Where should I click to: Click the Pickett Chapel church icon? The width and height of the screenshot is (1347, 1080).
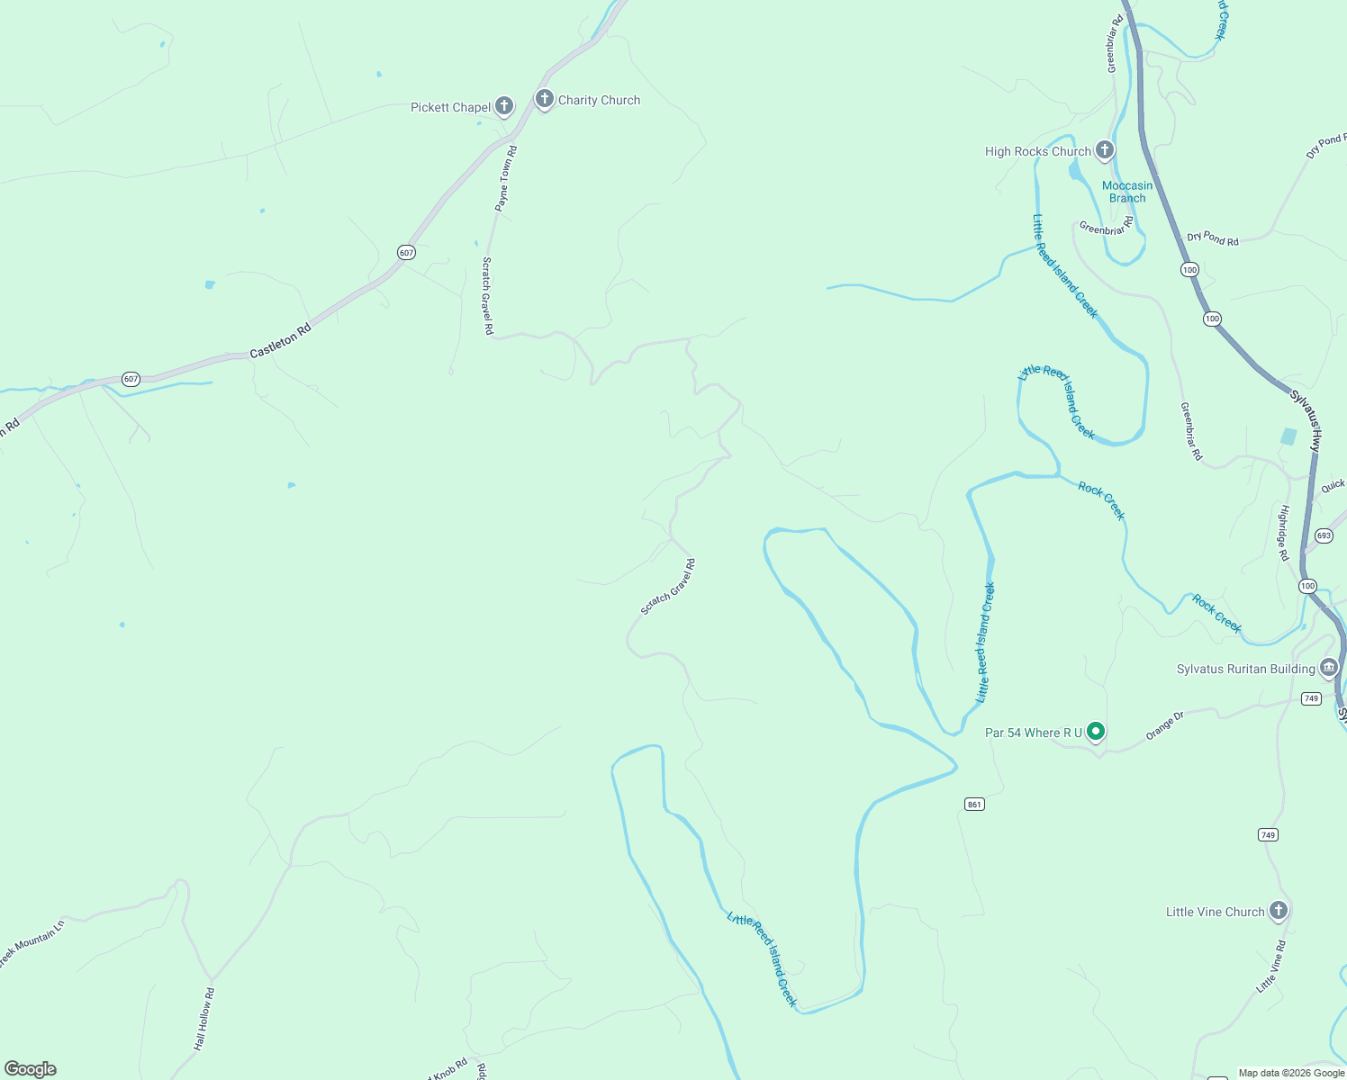(x=504, y=106)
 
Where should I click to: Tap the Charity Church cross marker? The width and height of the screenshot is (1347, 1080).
(x=544, y=99)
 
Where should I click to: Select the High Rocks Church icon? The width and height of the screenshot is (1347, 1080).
(x=1105, y=150)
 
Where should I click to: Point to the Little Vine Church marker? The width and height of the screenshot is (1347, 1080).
(x=1278, y=911)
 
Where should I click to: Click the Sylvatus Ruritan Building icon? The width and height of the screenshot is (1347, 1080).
(x=1328, y=668)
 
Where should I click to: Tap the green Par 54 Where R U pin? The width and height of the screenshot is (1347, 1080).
(x=1095, y=732)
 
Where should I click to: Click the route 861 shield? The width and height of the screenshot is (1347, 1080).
(x=974, y=804)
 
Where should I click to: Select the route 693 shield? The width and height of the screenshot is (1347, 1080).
(x=1323, y=535)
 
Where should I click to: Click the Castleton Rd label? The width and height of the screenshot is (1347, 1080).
(x=280, y=341)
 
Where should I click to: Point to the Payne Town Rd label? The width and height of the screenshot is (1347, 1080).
(x=506, y=178)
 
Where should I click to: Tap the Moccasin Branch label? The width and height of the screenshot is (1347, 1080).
(x=1127, y=192)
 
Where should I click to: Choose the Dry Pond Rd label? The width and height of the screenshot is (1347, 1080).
(x=1212, y=238)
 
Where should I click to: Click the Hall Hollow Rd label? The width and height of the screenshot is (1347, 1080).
(x=204, y=1019)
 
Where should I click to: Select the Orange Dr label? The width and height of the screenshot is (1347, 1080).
(x=1164, y=725)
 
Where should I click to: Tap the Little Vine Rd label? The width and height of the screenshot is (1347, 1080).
(x=1271, y=967)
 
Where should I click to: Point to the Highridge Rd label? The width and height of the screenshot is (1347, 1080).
(x=1283, y=533)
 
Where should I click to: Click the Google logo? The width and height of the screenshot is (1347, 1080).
(x=31, y=1069)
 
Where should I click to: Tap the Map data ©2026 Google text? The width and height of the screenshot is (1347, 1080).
(x=1291, y=1073)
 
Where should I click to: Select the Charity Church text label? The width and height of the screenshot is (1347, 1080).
(x=599, y=100)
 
